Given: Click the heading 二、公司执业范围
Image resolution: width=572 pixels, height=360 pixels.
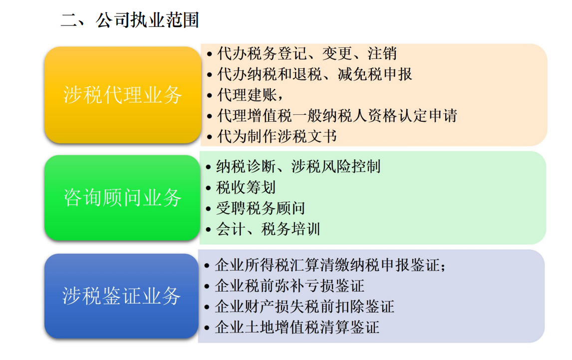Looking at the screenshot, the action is tap(130, 20).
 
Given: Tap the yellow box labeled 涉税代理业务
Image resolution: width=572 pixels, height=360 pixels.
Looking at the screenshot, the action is tap(123, 95).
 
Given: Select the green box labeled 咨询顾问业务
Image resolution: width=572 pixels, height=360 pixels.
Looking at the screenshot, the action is tap(122, 198).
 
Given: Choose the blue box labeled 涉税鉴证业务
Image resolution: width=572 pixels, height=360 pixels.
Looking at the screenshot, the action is tap(121, 296).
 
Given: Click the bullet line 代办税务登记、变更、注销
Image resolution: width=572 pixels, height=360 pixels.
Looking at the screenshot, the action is tap(307, 53).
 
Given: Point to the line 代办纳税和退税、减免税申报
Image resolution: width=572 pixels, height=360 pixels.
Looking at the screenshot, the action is tap(314, 74).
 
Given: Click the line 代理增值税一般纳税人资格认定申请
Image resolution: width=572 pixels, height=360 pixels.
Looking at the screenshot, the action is tap(337, 116).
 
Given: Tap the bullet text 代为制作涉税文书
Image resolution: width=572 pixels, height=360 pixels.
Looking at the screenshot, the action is tap(277, 137).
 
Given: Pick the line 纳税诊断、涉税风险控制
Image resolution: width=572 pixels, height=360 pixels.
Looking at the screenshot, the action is tap(298, 167).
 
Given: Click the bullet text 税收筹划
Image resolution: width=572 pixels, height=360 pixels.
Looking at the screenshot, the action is tap(246, 188).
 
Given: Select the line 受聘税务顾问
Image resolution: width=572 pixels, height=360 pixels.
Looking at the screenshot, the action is tap(261, 209).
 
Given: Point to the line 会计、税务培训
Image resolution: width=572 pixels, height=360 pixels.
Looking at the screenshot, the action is tap(268, 229).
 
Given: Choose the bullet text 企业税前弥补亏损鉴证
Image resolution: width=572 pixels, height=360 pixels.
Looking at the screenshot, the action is tap(289, 286).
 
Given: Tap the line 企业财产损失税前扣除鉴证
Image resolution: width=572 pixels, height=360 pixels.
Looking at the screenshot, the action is tap(304, 307).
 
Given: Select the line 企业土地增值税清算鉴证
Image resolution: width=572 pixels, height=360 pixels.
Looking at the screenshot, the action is tap(297, 328).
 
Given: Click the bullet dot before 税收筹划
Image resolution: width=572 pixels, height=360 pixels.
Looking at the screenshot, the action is tap(208, 188).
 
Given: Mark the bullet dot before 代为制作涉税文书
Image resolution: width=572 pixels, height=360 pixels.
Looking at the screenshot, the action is tap(210, 138).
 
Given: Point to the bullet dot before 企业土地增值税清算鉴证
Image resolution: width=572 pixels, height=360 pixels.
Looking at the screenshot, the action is tap(207, 328).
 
